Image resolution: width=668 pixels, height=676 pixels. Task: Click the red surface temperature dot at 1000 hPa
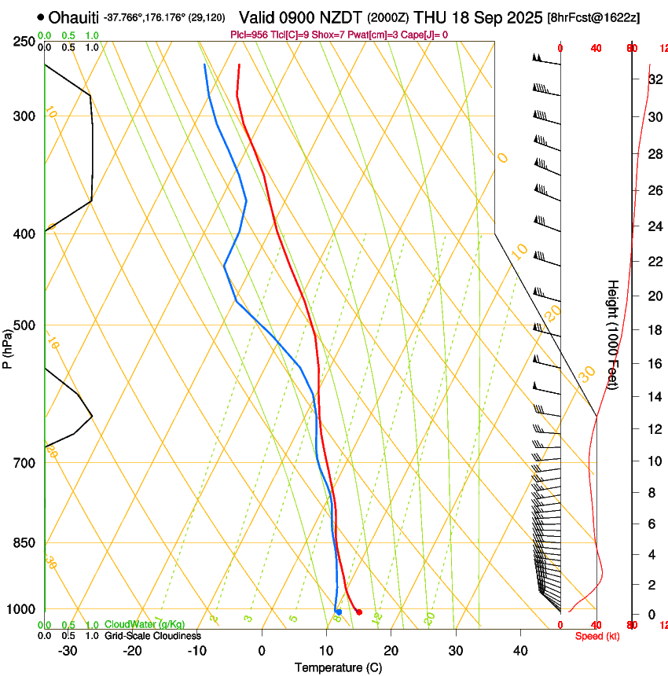(x=358, y=612)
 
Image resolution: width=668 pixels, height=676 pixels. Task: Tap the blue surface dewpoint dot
(x=339, y=612)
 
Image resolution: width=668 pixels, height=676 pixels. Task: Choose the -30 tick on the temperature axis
(x=68, y=651)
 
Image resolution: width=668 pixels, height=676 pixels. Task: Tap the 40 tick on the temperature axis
(x=519, y=651)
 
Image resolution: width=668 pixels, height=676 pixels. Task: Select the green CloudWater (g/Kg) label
(x=145, y=624)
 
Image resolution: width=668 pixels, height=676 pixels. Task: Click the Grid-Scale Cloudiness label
(x=152, y=635)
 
